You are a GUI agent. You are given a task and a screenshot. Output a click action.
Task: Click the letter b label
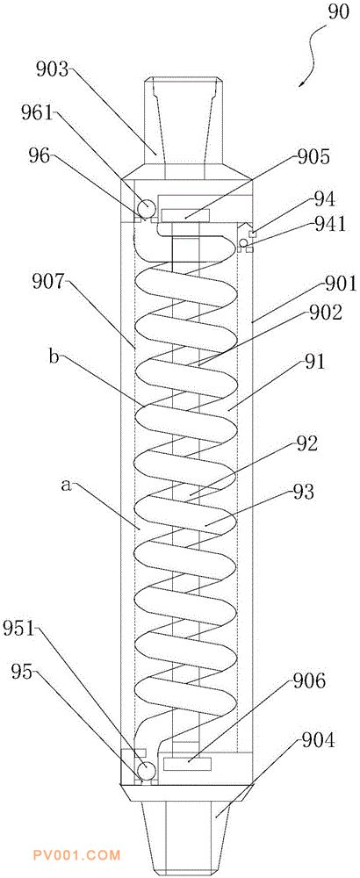(x=54, y=356)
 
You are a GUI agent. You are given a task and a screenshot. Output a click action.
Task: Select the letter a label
(x=67, y=486)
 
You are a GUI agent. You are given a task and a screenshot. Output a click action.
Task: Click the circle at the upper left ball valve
(x=146, y=208)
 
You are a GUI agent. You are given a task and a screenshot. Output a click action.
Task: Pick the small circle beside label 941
(x=243, y=242)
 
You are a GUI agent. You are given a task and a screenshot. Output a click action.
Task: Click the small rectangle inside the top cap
(x=184, y=215)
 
